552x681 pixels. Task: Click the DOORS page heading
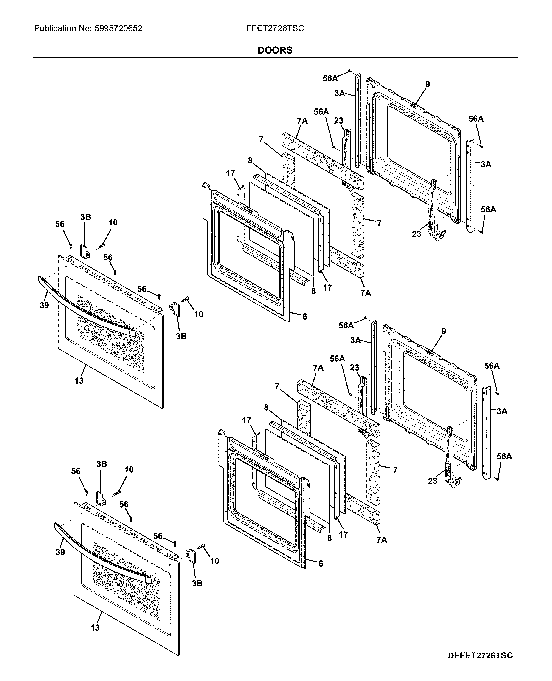tap(275, 50)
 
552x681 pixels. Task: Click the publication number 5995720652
tap(118, 29)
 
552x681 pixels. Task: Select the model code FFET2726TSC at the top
tap(275, 29)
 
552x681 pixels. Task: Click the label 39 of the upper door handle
tap(44, 305)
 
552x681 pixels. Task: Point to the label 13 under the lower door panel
tap(95, 627)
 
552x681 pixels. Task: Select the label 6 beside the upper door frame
tap(305, 316)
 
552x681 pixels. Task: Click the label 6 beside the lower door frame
tap(321, 563)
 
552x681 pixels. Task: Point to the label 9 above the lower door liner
tap(444, 331)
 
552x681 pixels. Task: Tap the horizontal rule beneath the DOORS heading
tap(275, 58)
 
